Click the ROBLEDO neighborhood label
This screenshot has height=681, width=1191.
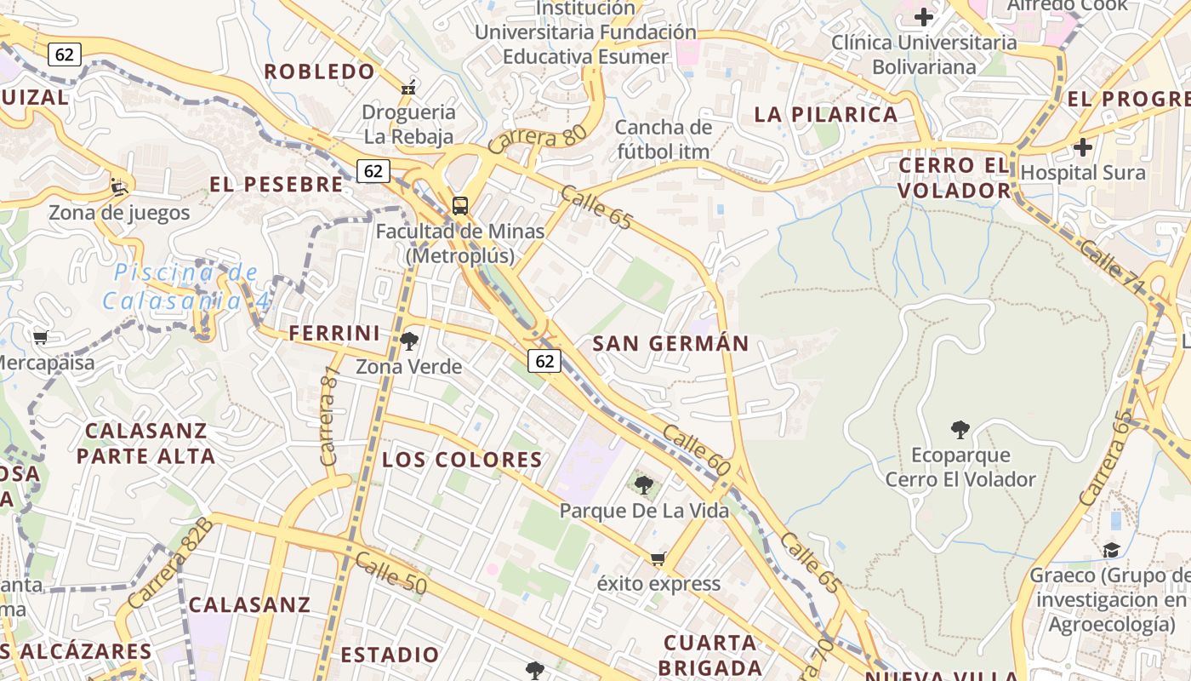point(319,72)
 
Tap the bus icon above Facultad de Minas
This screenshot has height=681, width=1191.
point(459,205)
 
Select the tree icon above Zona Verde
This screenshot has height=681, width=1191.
point(409,341)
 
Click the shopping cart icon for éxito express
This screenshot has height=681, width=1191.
point(658,559)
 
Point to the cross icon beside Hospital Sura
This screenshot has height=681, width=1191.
point(1082,147)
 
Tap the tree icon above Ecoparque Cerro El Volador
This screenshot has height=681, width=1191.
point(960,430)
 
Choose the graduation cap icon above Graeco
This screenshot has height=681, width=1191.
point(1111,550)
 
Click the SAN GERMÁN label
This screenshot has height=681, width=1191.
point(670,344)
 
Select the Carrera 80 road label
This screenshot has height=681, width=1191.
point(533,136)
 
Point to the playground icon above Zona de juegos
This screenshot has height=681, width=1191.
point(119,186)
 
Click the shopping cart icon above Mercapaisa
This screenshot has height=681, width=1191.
point(40,338)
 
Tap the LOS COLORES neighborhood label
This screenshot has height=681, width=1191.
point(462,460)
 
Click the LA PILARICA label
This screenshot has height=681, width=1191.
point(826,114)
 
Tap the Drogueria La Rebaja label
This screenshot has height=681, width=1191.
point(409,123)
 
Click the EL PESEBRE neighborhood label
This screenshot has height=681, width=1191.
point(276,184)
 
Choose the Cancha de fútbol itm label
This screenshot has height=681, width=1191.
point(664,140)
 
